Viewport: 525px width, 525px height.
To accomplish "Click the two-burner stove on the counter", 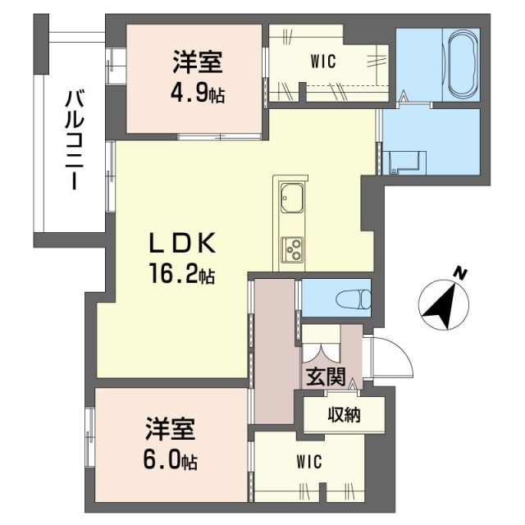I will [x=292, y=248].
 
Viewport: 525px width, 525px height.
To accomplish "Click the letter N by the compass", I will [x=463, y=273].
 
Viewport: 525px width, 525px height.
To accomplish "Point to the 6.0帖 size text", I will [x=171, y=458].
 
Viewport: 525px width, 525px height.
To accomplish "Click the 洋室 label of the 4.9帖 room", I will [x=198, y=62].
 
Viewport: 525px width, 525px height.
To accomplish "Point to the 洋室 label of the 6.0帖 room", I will [x=171, y=427].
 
